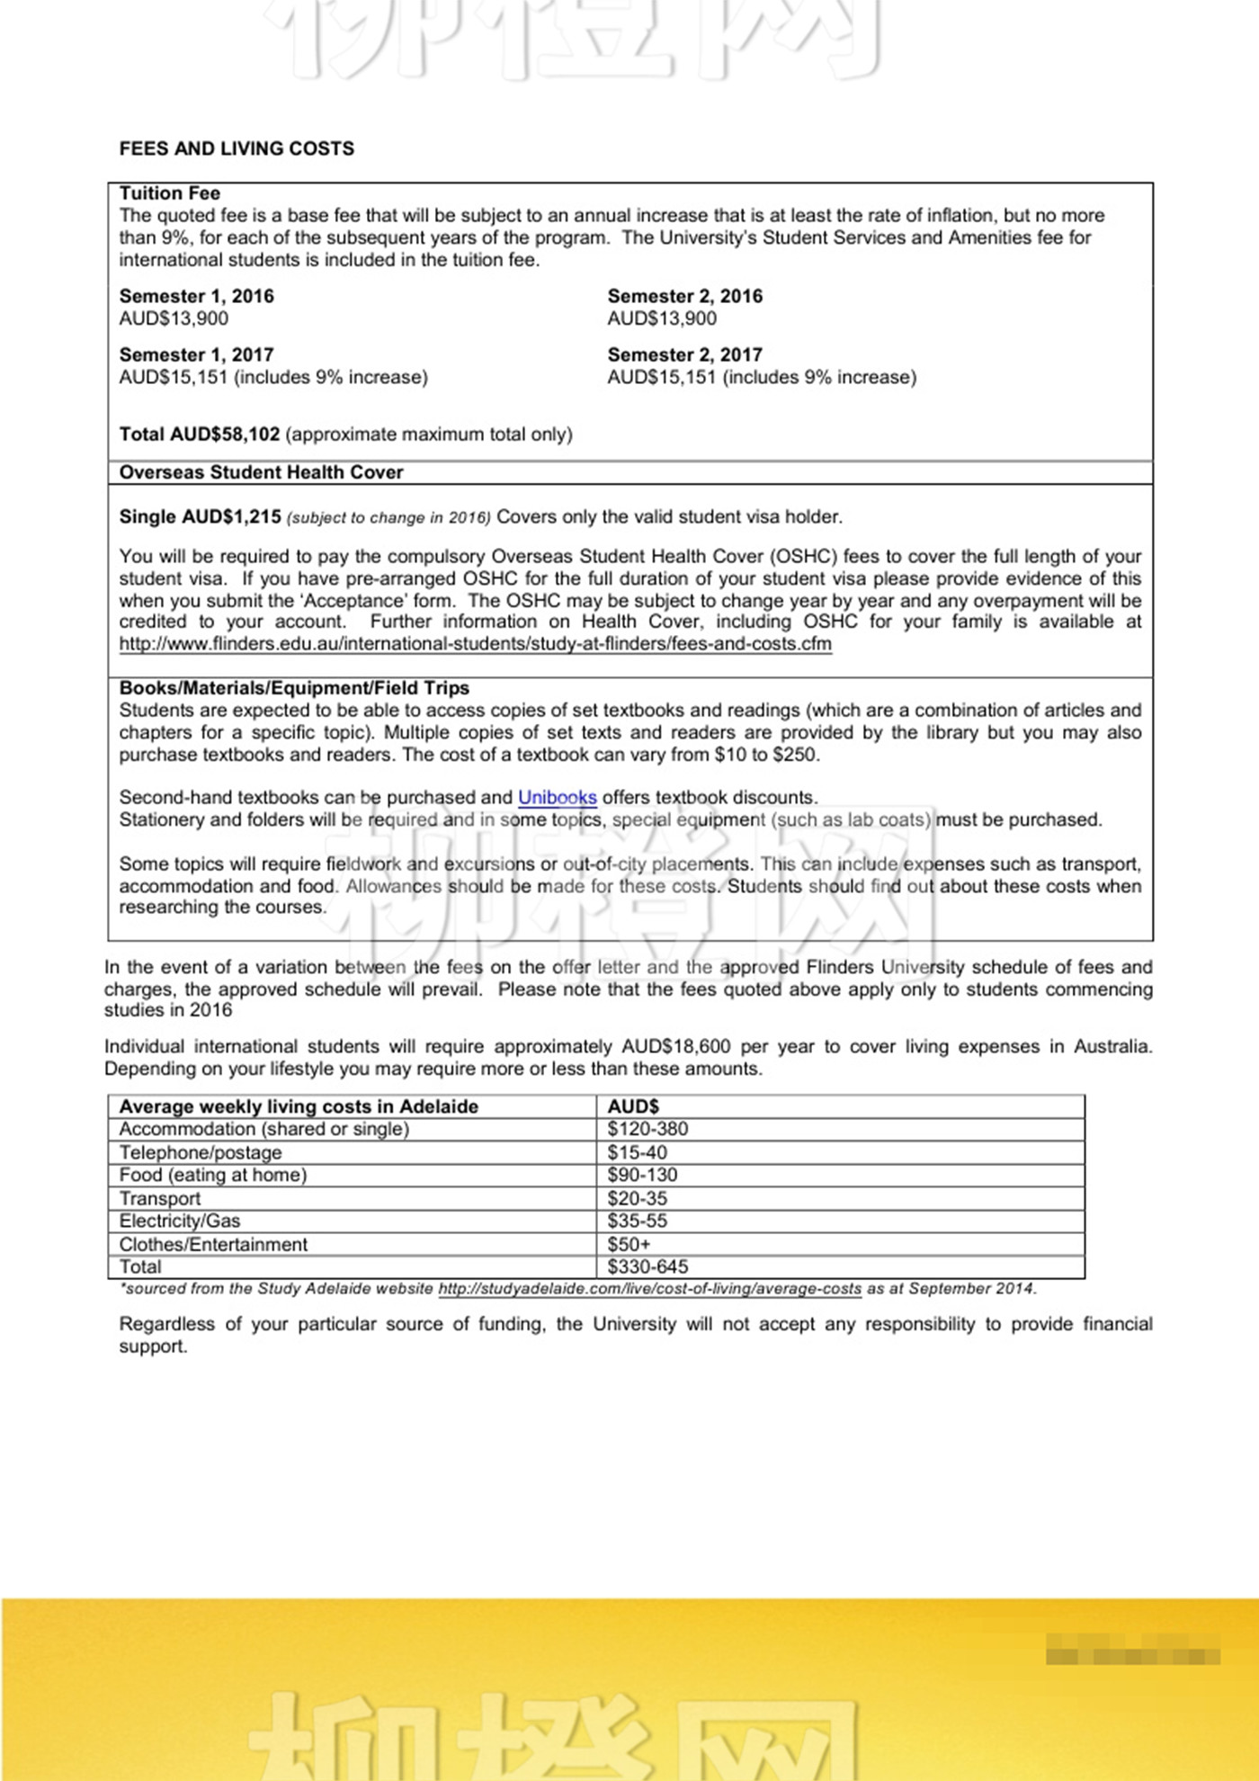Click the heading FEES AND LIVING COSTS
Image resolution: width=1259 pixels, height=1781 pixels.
coord(237,148)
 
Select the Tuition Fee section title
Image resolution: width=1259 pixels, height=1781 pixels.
coord(169,193)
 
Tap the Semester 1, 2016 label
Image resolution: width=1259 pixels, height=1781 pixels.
coord(196,296)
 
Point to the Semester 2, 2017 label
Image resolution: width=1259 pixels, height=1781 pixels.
coord(684,354)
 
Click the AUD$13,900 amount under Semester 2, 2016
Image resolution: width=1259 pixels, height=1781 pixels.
coord(662,318)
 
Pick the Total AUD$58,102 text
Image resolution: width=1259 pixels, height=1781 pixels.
coord(200,434)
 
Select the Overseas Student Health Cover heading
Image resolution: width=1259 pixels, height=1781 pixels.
coord(261,472)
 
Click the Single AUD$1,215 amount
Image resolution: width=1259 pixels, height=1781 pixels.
coord(200,517)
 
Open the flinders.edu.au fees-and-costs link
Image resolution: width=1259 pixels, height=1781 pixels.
coord(475,644)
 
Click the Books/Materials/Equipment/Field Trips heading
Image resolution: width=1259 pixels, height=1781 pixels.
coord(294,688)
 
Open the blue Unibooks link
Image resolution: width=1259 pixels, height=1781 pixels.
coord(557,798)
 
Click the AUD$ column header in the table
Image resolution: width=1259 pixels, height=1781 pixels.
coord(633,1106)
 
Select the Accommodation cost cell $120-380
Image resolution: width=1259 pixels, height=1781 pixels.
coord(647,1130)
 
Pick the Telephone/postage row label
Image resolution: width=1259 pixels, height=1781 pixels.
coord(201,1152)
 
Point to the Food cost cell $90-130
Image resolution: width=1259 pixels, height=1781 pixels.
coord(642,1176)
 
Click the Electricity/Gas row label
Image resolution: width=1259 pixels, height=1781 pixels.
coord(180,1221)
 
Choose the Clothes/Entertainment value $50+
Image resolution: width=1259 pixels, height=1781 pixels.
coord(629,1244)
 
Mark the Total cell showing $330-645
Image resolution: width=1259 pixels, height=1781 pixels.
coord(647,1266)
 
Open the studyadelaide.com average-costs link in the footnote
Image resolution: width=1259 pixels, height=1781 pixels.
coord(649,1289)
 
